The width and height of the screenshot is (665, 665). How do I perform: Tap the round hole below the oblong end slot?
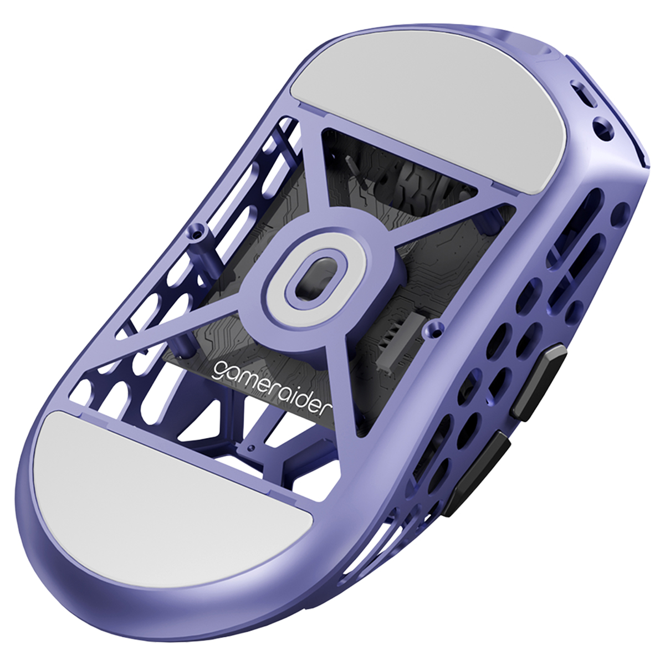pyautogui.click(x=603, y=130)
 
